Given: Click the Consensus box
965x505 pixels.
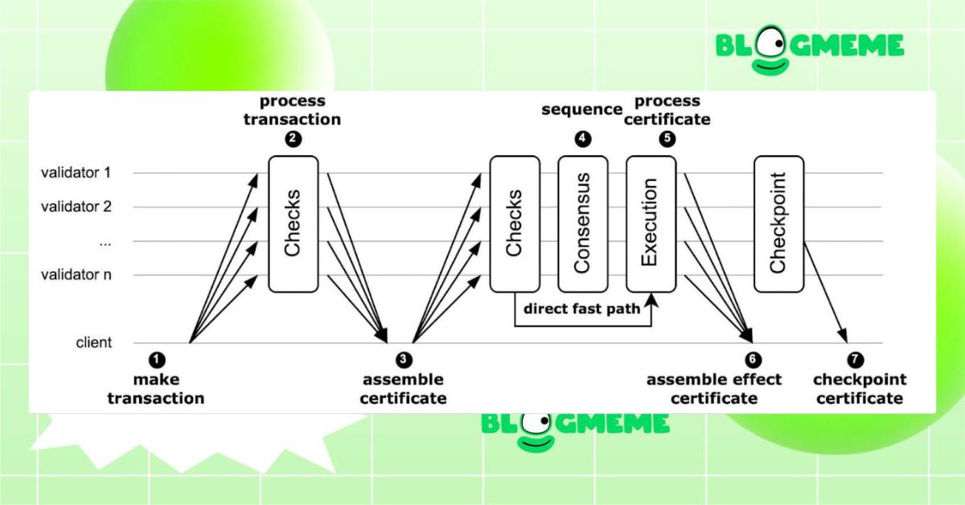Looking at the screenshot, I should pos(583,224).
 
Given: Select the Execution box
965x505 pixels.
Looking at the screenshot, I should pos(651,224).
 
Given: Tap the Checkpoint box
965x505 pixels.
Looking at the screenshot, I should pos(778,224).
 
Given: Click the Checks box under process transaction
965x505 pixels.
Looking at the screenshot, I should pos(293,224).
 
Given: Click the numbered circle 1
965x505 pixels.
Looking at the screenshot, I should pos(158,359).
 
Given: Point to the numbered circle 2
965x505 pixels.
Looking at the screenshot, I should pos(294,138).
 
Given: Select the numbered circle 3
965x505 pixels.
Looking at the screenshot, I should pos(404,359).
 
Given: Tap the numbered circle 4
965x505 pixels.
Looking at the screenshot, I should pos(583,138).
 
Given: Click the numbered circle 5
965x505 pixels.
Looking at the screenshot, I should pos(667,138).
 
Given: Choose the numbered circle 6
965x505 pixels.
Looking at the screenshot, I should pos(753,359).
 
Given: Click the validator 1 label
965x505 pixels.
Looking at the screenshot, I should pos(76,173).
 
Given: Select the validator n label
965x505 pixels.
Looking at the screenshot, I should pos(76,275).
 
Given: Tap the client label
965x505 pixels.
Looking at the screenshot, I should pos(94,343).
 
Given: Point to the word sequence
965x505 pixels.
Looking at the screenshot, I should pos(582,109).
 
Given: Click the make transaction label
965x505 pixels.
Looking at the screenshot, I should pos(156,388).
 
